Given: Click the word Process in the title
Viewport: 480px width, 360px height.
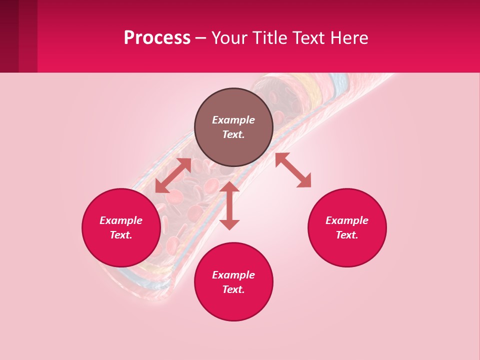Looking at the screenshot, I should (157, 38).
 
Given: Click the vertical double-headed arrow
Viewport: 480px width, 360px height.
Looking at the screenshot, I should (229, 205).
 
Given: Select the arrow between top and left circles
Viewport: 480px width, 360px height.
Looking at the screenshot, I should (173, 175).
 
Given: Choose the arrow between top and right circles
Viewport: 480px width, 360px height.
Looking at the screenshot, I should (293, 170).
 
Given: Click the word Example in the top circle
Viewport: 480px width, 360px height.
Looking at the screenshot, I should (233, 120).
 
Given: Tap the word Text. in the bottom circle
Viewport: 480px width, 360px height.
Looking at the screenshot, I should (233, 289).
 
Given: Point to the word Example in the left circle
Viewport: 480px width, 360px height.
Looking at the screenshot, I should (121, 220).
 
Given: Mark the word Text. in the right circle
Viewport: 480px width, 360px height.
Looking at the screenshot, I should (347, 235).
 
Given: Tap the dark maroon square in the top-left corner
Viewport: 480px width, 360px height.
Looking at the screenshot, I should (9, 36).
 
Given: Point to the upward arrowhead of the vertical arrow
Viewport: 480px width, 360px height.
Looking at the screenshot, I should (229, 186).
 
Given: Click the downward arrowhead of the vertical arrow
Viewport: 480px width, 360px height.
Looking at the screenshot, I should (229, 224).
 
